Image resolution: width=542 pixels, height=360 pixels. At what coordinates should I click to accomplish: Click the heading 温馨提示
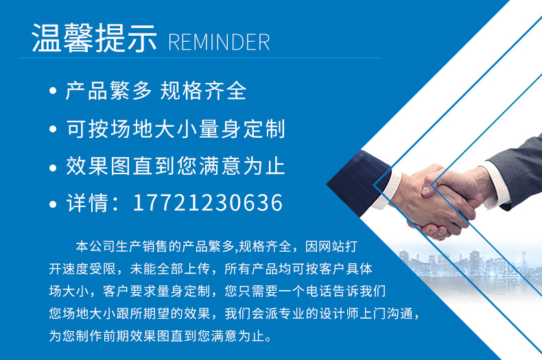[x=94, y=38]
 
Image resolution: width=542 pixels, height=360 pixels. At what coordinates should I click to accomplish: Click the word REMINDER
[x=219, y=42]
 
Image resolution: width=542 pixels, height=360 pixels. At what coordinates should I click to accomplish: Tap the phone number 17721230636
[x=208, y=202]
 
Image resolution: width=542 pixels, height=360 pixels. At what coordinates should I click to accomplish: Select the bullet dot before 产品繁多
[x=53, y=91]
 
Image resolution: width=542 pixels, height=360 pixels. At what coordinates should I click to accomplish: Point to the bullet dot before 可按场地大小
[x=53, y=129]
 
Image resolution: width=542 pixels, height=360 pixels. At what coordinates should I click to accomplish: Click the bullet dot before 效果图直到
[x=53, y=167]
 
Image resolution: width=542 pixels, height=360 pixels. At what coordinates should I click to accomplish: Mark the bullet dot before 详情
[x=53, y=204]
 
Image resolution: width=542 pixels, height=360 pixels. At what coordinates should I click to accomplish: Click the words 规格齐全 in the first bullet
[x=203, y=91]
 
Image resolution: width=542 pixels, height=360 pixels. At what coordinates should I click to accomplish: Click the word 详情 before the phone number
[x=87, y=202]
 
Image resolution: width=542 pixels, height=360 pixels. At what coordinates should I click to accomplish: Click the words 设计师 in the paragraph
[x=339, y=313]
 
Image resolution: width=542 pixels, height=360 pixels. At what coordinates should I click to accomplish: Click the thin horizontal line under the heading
[x=200, y=58]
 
